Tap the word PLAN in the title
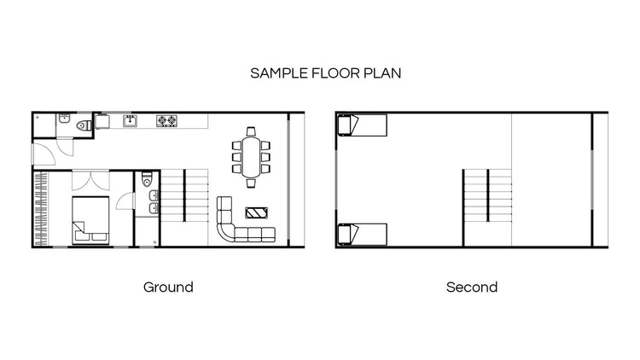[383, 73]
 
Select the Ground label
[168, 287]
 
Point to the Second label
[472, 287]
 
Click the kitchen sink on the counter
[131, 121]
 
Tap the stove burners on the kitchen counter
[166, 121]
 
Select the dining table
[251, 157]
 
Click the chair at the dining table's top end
[251, 131]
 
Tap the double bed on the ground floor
[89, 219]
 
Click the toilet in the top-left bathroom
[82, 126]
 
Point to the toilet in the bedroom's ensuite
[148, 180]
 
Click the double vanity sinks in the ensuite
[152, 202]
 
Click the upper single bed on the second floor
[363, 125]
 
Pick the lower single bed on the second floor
[363, 234]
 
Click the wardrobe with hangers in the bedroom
[39, 209]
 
